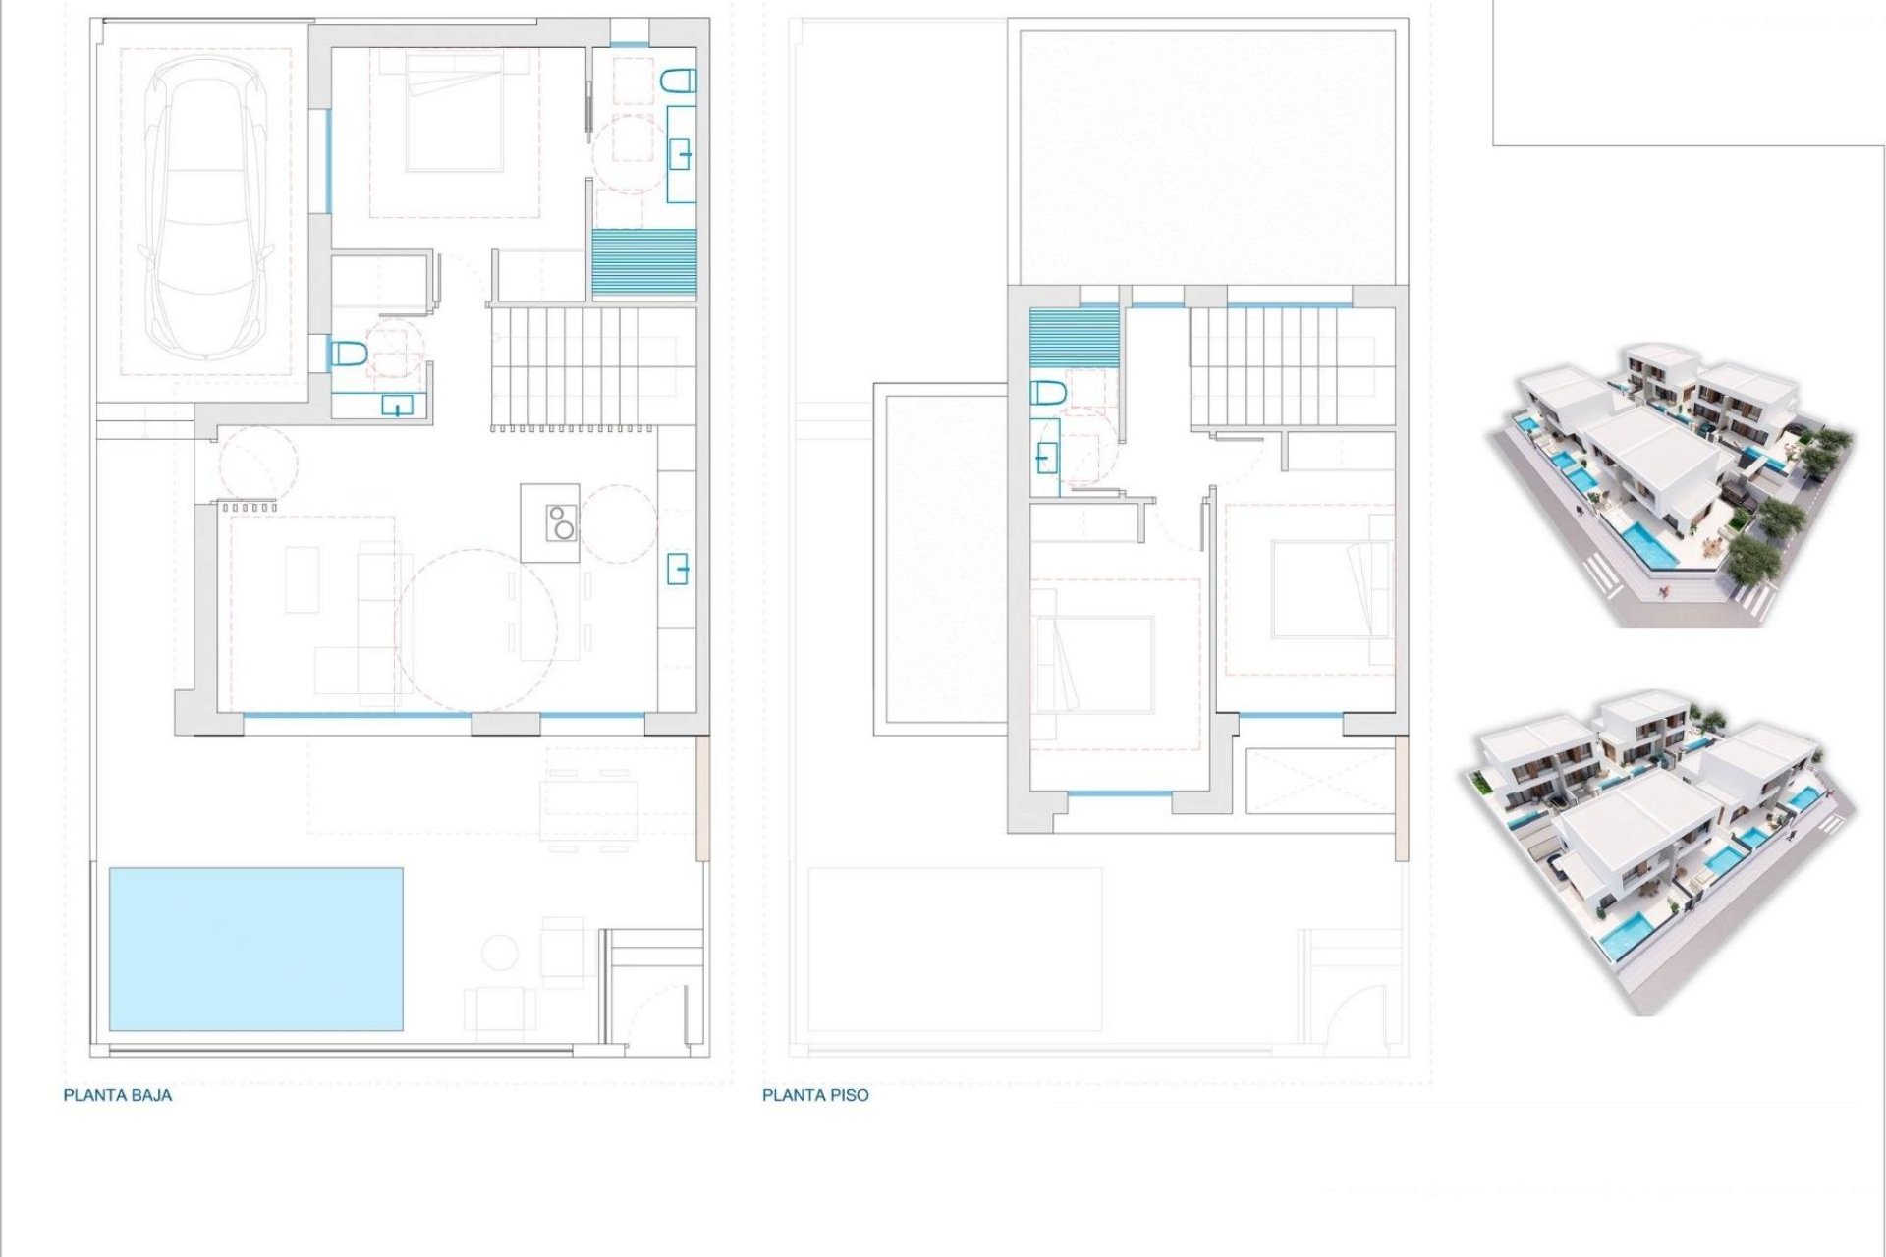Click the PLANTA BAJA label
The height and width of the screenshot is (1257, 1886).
point(118,1095)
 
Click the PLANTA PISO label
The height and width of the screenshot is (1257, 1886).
point(815,1095)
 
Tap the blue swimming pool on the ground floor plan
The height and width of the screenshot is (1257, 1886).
point(255,949)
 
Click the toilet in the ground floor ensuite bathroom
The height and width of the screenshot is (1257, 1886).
point(679,82)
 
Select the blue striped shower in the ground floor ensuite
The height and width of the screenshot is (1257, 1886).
point(644,262)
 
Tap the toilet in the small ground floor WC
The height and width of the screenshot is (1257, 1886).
point(349,354)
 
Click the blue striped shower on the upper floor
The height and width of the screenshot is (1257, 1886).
point(1075,338)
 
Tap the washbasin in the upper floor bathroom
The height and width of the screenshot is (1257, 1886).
point(1046,457)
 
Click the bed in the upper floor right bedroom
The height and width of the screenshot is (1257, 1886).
point(1331,588)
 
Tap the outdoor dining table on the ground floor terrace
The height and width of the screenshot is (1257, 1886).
point(588,797)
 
